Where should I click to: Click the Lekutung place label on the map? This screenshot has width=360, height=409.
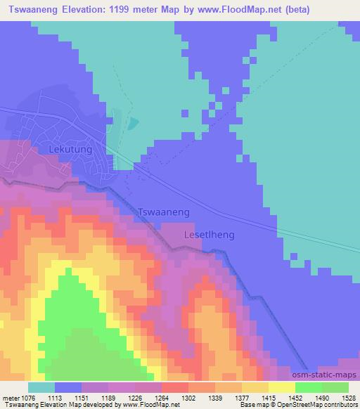click(x=71, y=150)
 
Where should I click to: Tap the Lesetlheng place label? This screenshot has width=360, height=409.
click(x=209, y=235)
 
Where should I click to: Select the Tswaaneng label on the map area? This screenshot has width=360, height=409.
click(x=164, y=212)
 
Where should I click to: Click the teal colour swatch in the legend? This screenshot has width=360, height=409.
click(x=41, y=387)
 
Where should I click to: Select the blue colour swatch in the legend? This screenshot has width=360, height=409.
click(x=68, y=387)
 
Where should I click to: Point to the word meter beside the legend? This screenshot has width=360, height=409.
click(x=10, y=397)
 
